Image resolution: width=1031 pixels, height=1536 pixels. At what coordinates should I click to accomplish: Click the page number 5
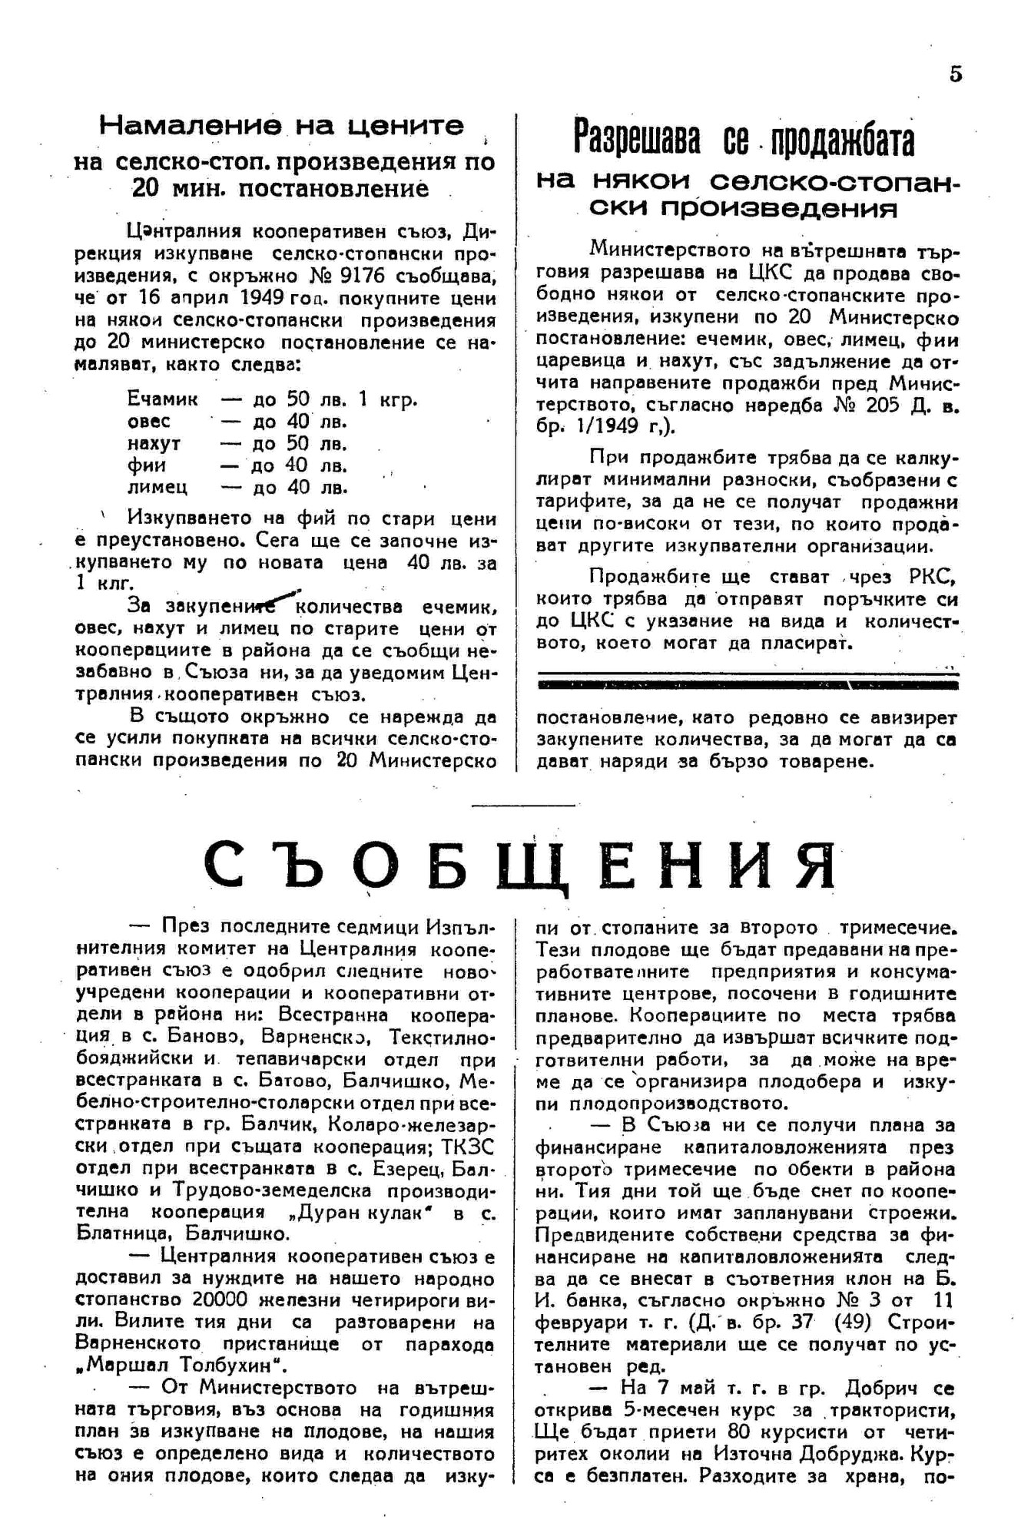pos(955,74)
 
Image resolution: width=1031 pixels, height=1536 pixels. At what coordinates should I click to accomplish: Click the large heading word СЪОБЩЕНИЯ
pos(520,866)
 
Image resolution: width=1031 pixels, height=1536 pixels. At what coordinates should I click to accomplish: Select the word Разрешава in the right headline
pos(638,140)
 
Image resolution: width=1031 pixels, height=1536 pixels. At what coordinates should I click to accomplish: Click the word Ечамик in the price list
pos(162,399)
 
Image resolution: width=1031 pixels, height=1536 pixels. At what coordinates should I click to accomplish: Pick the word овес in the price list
pos(149,422)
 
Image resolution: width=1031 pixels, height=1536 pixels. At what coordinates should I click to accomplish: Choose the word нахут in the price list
pos(154,444)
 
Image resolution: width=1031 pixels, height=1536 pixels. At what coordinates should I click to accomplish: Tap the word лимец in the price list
pos(157,488)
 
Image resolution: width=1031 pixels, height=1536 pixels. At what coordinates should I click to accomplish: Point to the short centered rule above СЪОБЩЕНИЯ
pos(522,805)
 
